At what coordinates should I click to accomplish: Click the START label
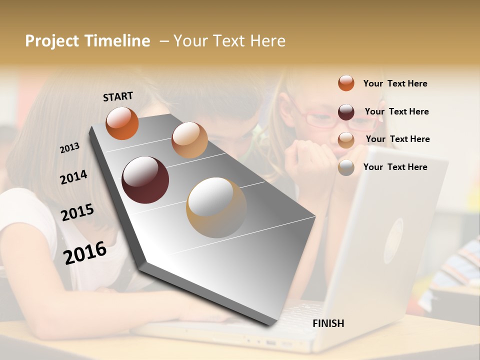pos(118,96)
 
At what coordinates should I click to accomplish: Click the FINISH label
pos(328,323)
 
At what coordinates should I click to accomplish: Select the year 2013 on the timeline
pos(69,148)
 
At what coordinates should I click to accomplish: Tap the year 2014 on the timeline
pos(73,177)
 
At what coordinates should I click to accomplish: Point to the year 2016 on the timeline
pos(85,252)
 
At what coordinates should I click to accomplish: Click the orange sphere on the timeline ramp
pos(122,123)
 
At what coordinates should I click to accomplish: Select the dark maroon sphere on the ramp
pos(145,180)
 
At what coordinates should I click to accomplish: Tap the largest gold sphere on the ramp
pos(216,207)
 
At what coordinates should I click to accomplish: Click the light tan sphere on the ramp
pos(189,140)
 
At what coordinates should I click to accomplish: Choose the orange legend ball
pos(346,83)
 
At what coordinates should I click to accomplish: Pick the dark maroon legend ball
pos(346,111)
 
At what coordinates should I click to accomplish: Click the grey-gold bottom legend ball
pos(346,167)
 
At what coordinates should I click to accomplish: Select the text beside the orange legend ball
pos(395,83)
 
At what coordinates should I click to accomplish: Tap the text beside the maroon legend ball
pos(396,111)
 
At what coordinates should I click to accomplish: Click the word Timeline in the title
pos(117,41)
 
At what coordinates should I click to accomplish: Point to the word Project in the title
pos(52,41)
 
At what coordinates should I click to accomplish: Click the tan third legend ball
pos(346,139)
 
